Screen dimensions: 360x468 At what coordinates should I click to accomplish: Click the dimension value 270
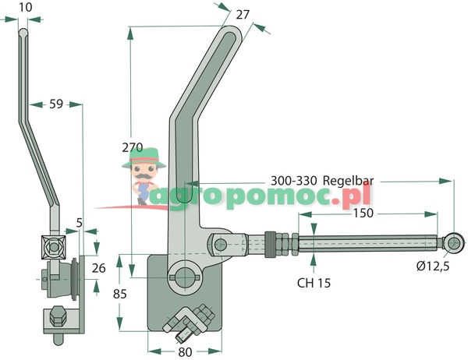133,146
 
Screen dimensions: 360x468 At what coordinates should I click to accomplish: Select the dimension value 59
57,102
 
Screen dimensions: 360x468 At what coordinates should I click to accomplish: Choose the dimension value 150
362,212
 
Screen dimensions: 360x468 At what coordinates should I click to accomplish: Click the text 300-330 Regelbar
322,180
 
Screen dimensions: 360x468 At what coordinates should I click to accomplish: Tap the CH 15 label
314,283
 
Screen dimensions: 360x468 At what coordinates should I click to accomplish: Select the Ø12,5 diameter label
434,267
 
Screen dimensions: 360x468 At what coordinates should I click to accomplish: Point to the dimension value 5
80,222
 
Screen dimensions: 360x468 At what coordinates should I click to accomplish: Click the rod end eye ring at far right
452,243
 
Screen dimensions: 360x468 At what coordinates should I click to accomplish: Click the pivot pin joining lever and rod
221,245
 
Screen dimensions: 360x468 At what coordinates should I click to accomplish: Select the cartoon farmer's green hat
143,158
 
